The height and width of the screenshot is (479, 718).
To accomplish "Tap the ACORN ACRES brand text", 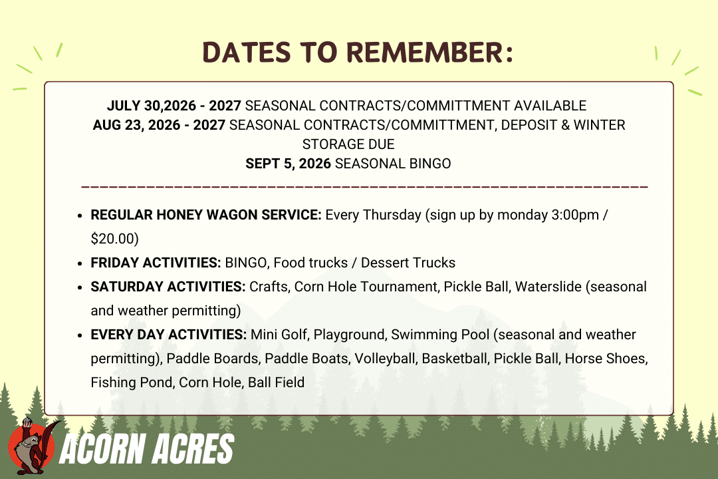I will coord(146,449).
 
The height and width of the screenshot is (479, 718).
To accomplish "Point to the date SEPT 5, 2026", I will coord(288,164).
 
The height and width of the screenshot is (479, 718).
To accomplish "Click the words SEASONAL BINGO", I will coord(393,164).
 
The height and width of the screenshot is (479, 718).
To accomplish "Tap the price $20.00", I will coord(114,238).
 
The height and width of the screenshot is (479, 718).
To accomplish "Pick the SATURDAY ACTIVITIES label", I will coord(168,287).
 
